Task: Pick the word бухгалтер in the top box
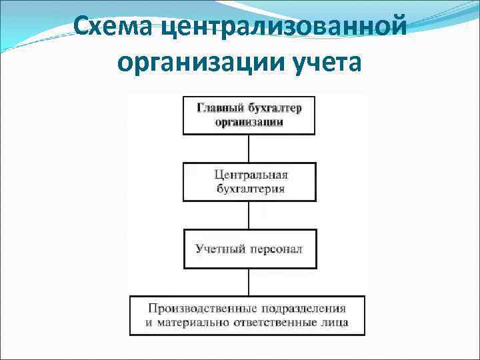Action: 273,109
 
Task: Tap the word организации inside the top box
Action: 249,122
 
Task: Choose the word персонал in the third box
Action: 276,249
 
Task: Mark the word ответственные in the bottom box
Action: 273,323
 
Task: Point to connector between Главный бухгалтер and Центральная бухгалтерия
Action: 249,148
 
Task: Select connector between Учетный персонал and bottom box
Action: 249,282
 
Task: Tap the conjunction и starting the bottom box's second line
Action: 150,323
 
